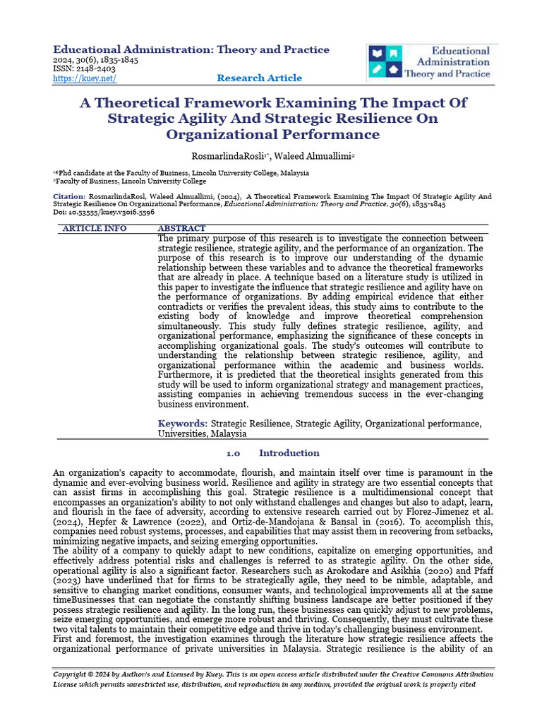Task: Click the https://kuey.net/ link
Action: point(85,78)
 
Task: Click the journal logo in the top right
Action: point(432,63)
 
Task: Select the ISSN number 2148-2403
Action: point(97,69)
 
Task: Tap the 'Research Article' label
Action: point(259,78)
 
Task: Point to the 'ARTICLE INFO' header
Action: point(95,229)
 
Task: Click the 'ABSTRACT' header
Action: point(181,229)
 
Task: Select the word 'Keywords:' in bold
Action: point(183,424)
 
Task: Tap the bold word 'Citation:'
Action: point(69,196)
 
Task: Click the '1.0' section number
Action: point(233,453)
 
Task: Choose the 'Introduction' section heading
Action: point(289,453)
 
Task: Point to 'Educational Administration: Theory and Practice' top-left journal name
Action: point(191,49)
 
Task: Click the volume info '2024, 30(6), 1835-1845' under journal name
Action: point(96,60)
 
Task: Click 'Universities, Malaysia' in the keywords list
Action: point(202,434)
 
